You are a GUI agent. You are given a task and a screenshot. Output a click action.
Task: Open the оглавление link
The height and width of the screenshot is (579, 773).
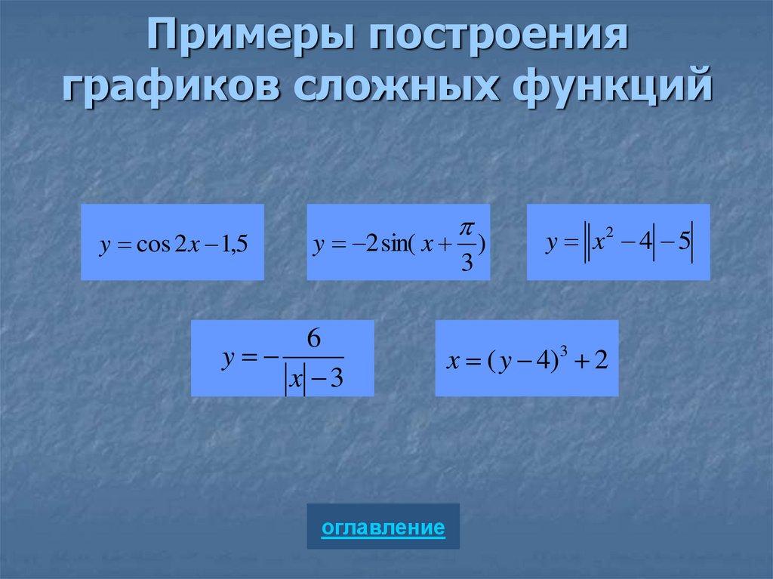click(383, 527)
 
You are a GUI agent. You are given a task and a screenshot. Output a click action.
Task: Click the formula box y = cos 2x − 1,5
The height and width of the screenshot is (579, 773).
click(172, 242)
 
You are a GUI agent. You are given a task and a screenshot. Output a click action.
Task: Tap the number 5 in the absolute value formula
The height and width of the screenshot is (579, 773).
click(683, 244)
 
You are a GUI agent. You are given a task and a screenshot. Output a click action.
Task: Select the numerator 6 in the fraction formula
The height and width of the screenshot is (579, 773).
click(315, 340)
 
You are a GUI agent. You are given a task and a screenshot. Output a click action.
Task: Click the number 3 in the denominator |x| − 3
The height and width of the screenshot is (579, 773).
click(337, 377)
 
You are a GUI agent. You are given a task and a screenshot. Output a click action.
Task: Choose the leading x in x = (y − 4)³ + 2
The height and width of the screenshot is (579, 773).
click(453, 361)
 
